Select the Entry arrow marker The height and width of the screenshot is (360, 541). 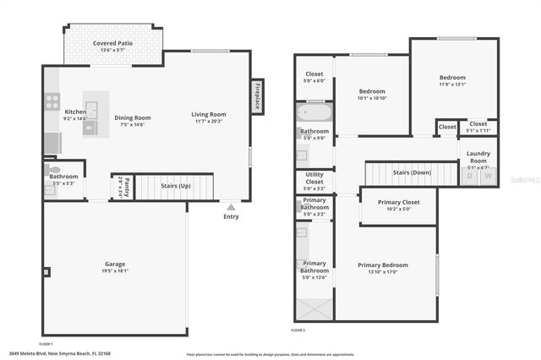[x=231, y=205]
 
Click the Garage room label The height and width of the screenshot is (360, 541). [x=115, y=264]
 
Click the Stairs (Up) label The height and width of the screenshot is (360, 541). [x=175, y=185]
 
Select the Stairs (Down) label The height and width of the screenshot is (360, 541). [x=412, y=172]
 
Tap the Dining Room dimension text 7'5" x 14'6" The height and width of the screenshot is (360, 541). [x=132, y=124]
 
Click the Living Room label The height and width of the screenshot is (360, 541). [x=208, y=114]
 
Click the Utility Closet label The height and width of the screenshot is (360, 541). [x=314, y=178]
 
